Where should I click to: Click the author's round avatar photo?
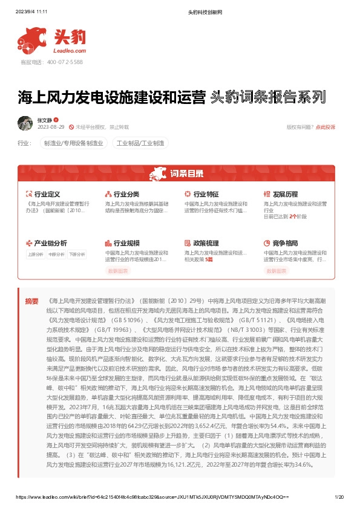pyautogui.click(x=25, y=123)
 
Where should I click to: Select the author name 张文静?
pyautogui.click(x=45, y=120)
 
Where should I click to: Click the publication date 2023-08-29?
pyautogui.click(x=51, y=128)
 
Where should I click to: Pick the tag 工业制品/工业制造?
pyautogui.click(x=140, y=144)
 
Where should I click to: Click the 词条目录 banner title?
pyautogui.click(x=187, y=174)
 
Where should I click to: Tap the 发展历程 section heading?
pyautogui.click(x=285, y=195)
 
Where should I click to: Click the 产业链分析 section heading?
pyautogui.click(x=50, y=243)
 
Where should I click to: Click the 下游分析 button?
pyautogui.click(x=76, y=254)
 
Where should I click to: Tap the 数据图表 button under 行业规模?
pyautogui.click(x=119, y=271)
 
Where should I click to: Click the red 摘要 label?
pyautogui.click(x=31, y=300)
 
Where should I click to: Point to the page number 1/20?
pyautogui.click(x=339, y=496)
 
